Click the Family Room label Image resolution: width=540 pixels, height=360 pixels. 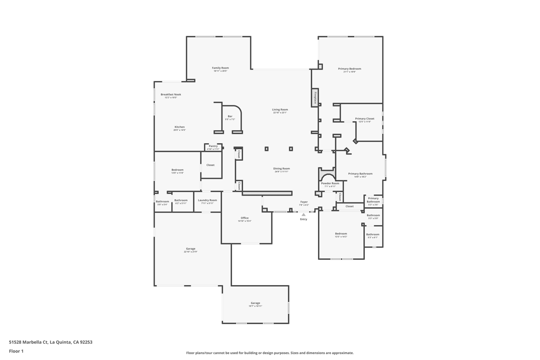point(220,68)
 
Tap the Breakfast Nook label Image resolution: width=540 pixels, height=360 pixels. point(171,95)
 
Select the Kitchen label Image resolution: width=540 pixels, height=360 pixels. point(180,127)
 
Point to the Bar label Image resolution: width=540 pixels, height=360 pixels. point(230,116)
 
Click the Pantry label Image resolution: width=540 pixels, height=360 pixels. point(213,146)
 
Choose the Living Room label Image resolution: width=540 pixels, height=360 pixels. point(280,110)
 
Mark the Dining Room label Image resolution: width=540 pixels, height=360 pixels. point(282,169)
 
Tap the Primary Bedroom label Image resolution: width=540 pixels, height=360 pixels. point(350,69)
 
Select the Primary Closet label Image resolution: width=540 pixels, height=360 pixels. point(364,119)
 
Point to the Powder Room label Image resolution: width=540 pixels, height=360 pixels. point(330,183)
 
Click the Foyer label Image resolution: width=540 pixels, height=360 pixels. point(304,202)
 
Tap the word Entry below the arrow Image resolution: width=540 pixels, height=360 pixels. point(304,219)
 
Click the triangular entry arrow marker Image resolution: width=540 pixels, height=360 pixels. point(304,215)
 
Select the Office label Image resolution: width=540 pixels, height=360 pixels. point(245,218)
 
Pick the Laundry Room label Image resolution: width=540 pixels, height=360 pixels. point(207,200)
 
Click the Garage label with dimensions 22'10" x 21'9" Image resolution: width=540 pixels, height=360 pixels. point(190,249)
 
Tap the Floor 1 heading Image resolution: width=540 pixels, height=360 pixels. point(16,351)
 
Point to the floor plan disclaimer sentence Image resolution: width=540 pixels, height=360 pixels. point(270,353)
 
